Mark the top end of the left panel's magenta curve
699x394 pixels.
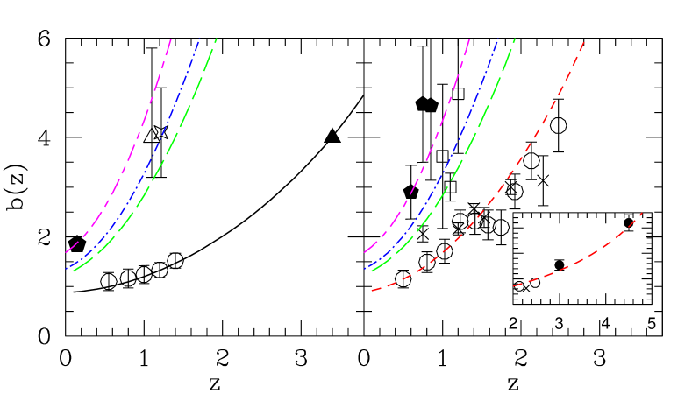[x=171, y=39]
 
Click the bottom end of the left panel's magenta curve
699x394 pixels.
[x=66, y=252]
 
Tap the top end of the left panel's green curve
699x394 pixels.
[x=216, y=39]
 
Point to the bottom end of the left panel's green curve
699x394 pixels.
[x=74, y=271]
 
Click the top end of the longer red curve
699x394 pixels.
[x=583, y=41]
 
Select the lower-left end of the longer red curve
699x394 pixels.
[x=372, y=291]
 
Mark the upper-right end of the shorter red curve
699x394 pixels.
[x=642, y=213]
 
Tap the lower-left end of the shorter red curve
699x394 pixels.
[x=513, y=285]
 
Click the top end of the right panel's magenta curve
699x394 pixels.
[x=469, y=39]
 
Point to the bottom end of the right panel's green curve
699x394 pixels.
[x=372, y=271]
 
